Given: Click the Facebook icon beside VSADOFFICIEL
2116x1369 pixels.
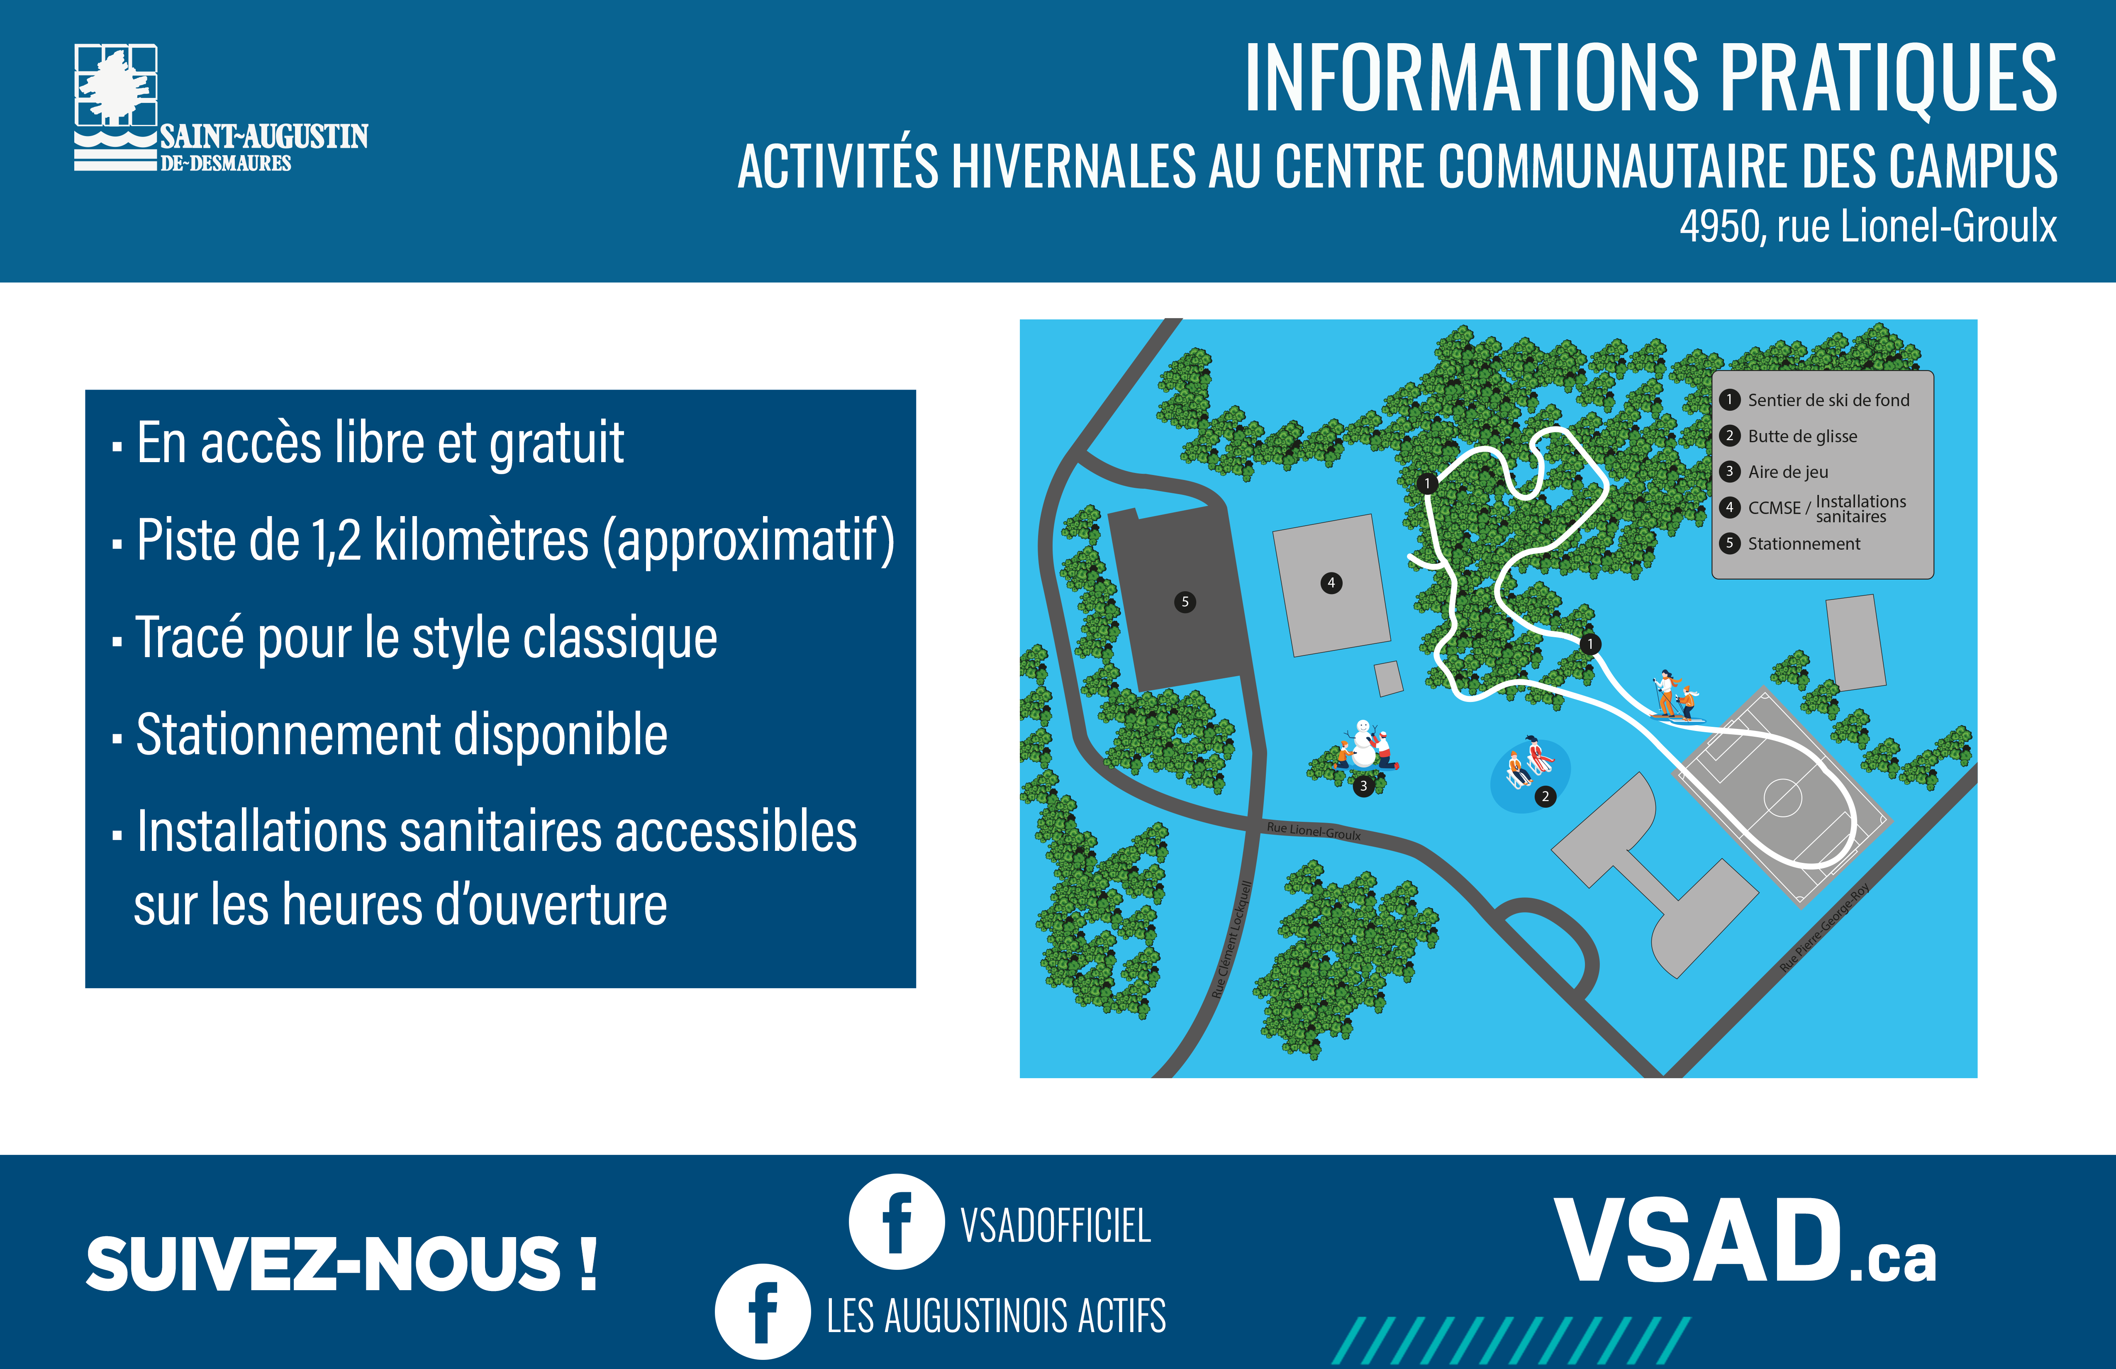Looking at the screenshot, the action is pyautogui.click(x=896, y=1221).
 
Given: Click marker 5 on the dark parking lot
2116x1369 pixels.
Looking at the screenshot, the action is pyautogui.click(x=1185, y=602).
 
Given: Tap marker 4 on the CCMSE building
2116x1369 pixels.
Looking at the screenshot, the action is pyautogui.click(x=1331, y=583).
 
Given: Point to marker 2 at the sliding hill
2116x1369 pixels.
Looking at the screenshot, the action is pyautogui.click(x=1545, y=797).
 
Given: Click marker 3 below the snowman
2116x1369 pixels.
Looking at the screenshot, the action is pyautogui.click(x=1363, y=786).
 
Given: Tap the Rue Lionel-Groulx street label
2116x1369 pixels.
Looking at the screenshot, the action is pyautogui.click(x=1313, y=831).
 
